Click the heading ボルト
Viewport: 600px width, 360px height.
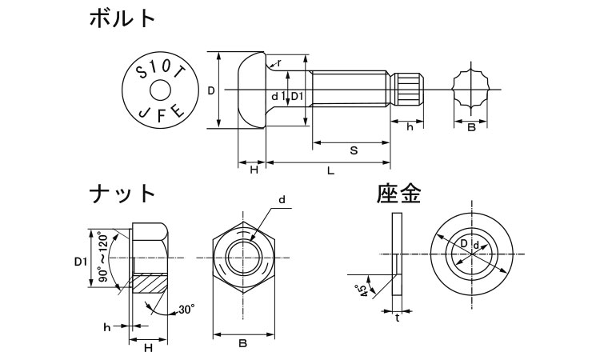point(122,18)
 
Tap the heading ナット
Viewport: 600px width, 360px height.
point(122,194)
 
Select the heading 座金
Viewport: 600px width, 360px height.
point(398,194)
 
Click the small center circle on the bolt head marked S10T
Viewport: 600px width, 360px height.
point(160,90)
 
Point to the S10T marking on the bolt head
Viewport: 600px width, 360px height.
point(160,70)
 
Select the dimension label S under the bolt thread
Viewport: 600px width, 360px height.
point(354,150)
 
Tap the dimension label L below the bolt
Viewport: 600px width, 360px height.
point(330,170)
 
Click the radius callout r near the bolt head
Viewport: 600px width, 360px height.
point(279,62)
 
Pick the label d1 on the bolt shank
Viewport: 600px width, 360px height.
point(278,97)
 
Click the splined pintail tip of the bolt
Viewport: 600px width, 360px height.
point(410,90)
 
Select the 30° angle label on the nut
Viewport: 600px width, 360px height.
point(186,309)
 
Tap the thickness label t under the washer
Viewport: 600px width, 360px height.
point(398,318)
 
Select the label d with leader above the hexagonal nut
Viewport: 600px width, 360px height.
point(282,199)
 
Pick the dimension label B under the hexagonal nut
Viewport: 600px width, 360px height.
point(242,343)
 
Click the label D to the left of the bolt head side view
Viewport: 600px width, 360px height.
point(211,90)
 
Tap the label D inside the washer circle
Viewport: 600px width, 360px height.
point(463,243)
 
